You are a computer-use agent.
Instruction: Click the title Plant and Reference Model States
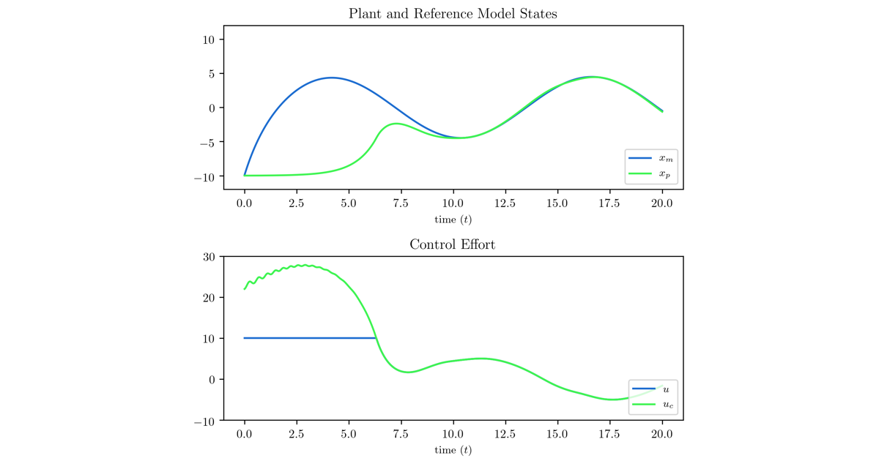click(453, 14)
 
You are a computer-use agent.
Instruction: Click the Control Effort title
click(453, 244)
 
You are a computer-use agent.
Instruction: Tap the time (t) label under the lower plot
click(453, 450)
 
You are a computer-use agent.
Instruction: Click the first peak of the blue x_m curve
click(331, 78)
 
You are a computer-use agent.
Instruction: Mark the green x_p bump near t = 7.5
click(396, 124)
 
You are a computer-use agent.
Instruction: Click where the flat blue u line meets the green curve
click(377, 338)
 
